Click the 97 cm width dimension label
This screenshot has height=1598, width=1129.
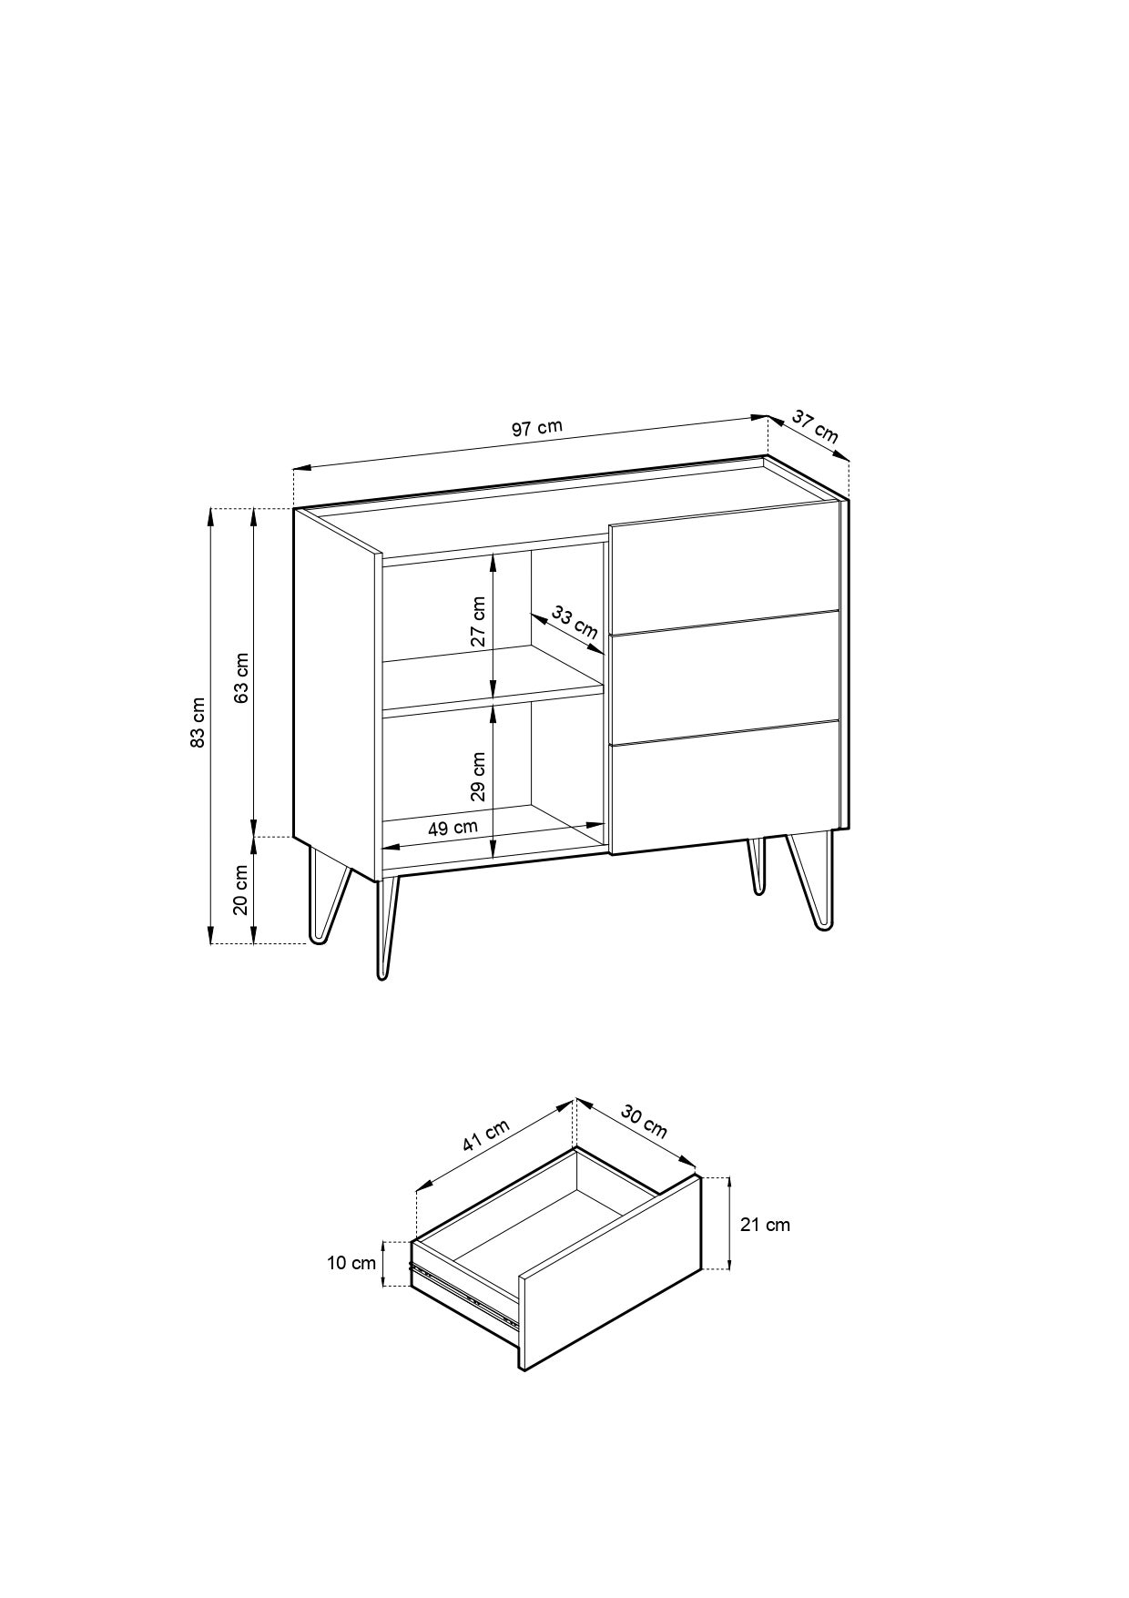(537, 428)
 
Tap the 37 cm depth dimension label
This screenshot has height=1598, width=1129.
(815, 426)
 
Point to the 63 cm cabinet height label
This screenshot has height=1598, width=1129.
(241, 678)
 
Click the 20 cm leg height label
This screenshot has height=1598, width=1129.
(241, 890)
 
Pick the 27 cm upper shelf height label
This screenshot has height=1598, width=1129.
(478, 621)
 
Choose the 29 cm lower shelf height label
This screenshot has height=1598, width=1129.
(478, 776)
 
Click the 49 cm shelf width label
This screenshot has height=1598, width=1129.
(453, 828)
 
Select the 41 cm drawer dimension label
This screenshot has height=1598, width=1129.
(485, 1135)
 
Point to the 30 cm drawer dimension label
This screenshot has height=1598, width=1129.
(645, 1121)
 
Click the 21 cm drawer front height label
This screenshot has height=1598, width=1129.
(765, 1225)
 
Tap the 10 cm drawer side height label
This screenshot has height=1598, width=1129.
(351, 1263)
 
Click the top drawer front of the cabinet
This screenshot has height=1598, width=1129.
(724, 565)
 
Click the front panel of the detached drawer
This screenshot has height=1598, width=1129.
(610, 1273)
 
